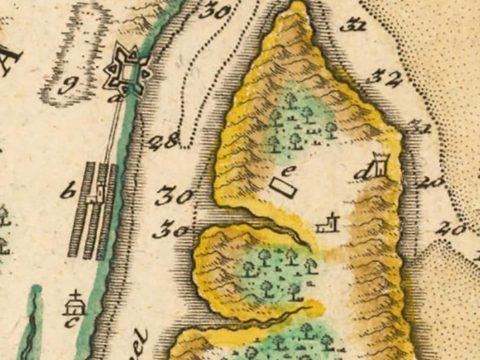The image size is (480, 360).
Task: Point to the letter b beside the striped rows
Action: click(71, 194)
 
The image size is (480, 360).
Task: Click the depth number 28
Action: click(162, 143)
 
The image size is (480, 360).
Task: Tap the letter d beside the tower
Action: click(363, 173)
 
